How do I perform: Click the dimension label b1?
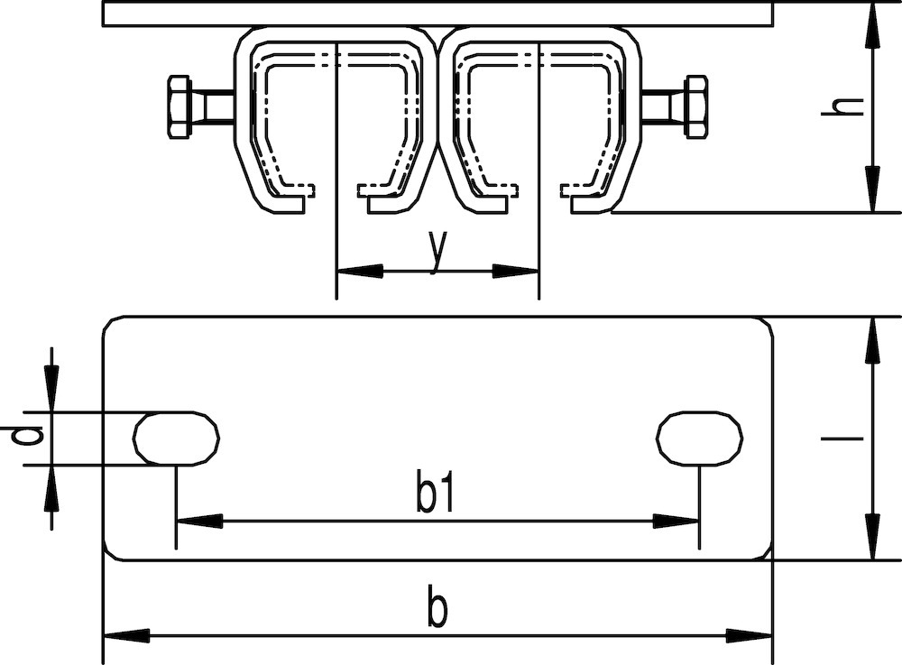click(436, 494)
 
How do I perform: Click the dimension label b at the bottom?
click(437, 605)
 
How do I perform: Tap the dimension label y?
click(438, 252)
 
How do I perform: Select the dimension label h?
click(842, 106)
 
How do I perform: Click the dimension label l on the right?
click(842, 439)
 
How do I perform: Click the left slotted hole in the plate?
click(176, 439)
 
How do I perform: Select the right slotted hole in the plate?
click(700, 439)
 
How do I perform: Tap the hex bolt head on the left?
click(179, 107)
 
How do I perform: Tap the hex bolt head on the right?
click(695, 107)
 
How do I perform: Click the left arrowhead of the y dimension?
click(360, 271)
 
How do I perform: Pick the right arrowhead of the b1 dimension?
click(676, 522)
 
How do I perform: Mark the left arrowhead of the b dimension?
click(126, 635)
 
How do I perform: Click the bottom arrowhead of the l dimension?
click(873, 536)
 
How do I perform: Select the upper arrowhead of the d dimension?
click(51, 389)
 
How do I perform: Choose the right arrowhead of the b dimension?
click(749, 635)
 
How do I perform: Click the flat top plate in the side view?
click(437, 14)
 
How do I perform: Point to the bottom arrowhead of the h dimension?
click(873, 189)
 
